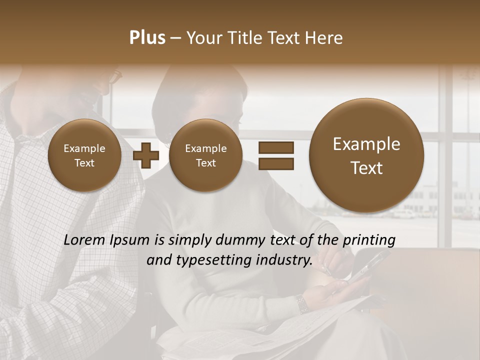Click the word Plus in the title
147,38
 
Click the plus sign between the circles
145,155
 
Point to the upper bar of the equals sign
275,147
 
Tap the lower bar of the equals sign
275,163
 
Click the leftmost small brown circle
84,155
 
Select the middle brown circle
205,155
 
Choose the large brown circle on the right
366,155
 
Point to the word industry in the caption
284,260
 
